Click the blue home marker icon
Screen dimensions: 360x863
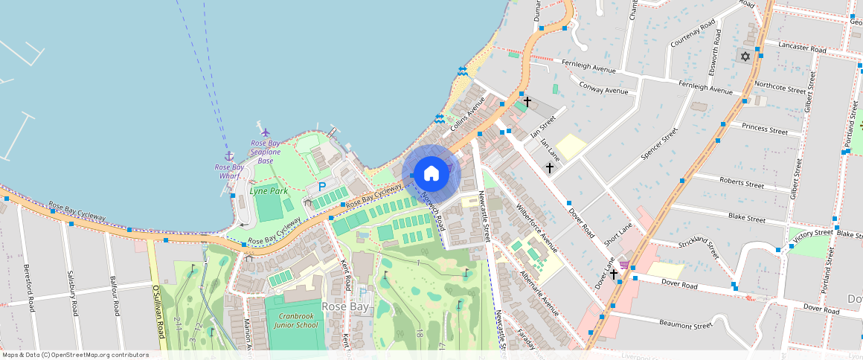tap(431, 173)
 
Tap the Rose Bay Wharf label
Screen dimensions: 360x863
tap(229, 172)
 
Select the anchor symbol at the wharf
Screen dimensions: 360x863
tap(229, 155)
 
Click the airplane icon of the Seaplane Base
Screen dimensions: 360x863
tap(266, 132)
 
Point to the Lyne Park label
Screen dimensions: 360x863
tap(269, 191)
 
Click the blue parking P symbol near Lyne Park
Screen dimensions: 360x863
tap(322, 187)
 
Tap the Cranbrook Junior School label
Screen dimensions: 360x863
tap(295, 321)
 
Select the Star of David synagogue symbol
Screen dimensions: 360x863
tap(744, 56)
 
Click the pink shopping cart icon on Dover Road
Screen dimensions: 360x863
tap(623, 265)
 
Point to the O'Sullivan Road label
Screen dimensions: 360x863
tap(157, 312)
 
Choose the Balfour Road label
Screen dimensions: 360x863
tap(115, 295)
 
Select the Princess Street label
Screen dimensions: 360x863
tap(765, 129)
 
